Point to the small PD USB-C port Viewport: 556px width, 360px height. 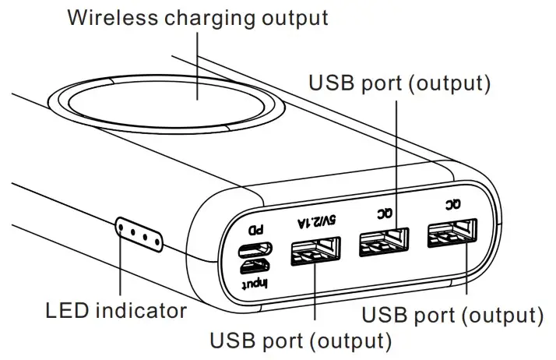point(255,250)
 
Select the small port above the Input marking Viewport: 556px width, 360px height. point(255,266)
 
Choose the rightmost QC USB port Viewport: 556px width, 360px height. point(452,235)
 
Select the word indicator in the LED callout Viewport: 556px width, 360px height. point(141,312)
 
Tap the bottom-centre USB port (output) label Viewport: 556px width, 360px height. point(300,341)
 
